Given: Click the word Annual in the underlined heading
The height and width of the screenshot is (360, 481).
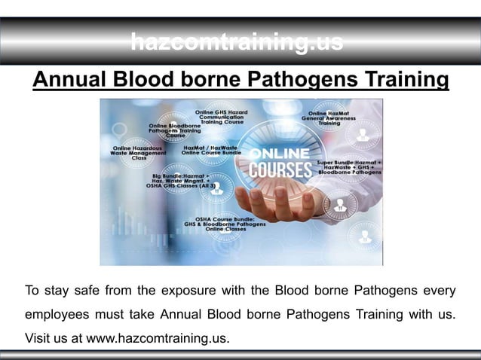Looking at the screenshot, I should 72,80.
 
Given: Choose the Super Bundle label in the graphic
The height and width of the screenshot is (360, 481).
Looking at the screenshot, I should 349,166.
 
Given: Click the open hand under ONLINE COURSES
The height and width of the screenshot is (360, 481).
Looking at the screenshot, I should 279,199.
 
